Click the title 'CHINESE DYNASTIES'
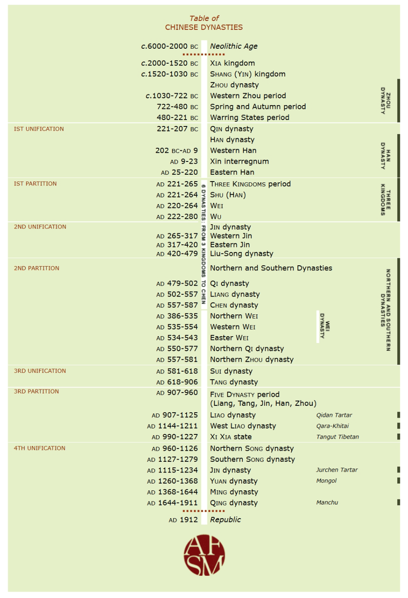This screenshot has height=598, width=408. (204, 27)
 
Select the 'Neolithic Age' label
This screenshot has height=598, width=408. (233, 46)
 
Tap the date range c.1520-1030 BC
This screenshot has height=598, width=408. (169, 74)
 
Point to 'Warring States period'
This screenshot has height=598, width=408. (249, 117)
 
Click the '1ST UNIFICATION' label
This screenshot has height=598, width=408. (39, 129)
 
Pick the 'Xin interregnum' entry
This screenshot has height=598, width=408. (239, 161)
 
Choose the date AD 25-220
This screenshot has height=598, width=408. (179, 173)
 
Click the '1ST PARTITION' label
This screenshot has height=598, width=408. (35, 184)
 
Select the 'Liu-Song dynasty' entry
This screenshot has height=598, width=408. (241, 254)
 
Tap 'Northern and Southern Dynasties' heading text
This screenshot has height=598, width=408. (271, 268)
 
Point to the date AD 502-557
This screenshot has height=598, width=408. (177, 294)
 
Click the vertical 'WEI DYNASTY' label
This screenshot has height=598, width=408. (325, 326)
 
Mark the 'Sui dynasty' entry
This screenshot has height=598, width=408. (231, 371)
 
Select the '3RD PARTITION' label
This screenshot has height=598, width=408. (36, 391)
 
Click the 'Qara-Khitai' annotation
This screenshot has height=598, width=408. (332, 426)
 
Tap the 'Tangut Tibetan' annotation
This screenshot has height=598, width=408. (337, 437)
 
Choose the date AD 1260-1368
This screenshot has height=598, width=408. (172, 481)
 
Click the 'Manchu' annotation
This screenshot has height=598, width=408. (327, 503)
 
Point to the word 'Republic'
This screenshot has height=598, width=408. (225, 520)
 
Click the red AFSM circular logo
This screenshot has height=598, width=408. (204, 555)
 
